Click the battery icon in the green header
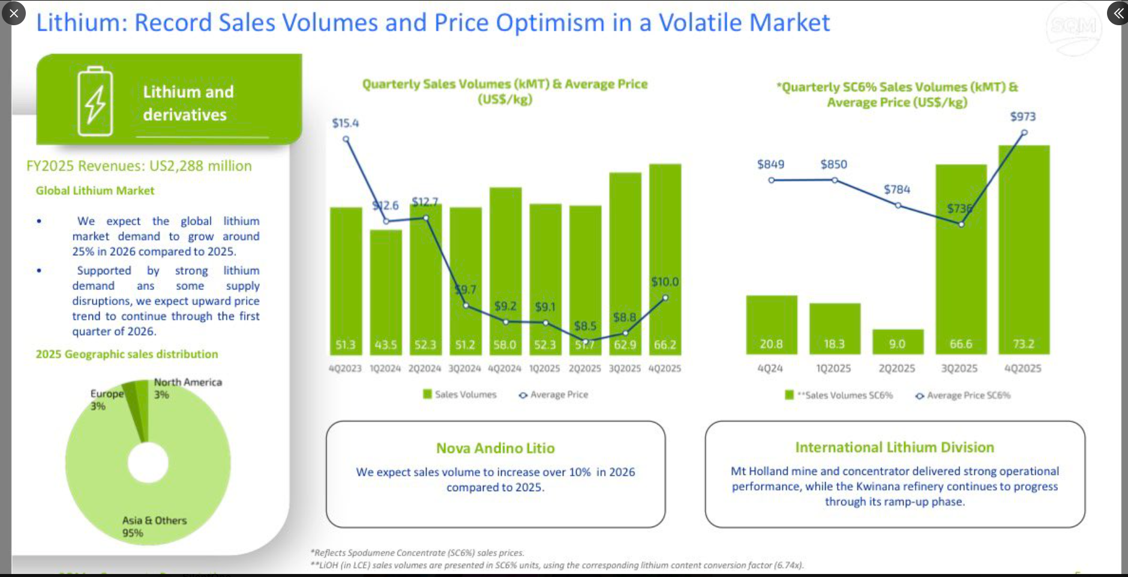coord(95,101)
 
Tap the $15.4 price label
coord(346,123)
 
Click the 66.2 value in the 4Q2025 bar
coord(665,345)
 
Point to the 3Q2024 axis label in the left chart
coord(464,368)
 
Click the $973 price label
coord(1022,116)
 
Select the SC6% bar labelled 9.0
coord(898,341)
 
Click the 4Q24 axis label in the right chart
coord(770,368)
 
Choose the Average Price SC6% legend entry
coord(962,395)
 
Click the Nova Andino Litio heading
coord(495,448)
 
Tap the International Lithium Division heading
coord(895,447)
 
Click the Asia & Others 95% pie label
coord(154,527)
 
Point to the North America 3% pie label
coord(187,388)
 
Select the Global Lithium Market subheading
coord(95,190)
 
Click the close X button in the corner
coord(14,13)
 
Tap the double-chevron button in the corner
coord(1117,13)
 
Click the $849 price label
coord(770,165)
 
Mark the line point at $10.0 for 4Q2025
coord(665,298)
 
